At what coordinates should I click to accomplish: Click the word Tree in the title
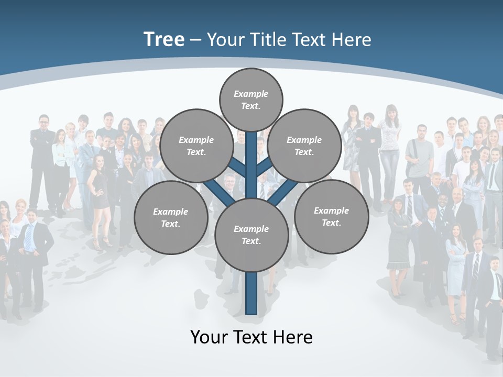point(164,39)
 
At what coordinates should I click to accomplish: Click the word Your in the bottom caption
point(209,337)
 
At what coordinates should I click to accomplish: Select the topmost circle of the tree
point(251,99)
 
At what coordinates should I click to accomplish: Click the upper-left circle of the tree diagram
point(196,146)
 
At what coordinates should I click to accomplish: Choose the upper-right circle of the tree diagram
point(304,146)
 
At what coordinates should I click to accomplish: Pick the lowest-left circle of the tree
point(171,217)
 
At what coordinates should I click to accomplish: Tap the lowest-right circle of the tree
point(331,216)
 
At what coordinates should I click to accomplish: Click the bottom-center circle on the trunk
point(251,235)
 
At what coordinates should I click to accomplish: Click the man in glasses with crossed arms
point(43,152)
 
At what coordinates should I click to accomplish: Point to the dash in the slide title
point(195,40)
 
